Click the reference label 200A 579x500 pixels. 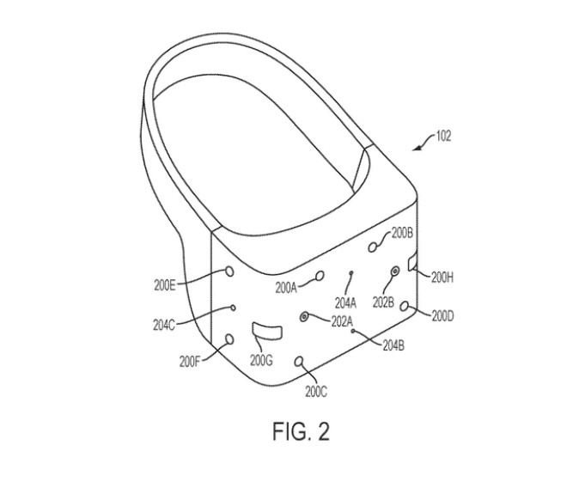pos(286,288)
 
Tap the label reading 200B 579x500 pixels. pos(402,233)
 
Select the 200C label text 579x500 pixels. pos(316,392)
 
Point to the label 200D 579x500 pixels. pos(442,316)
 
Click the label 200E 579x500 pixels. pos(164,285)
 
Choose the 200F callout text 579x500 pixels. pos(190,362)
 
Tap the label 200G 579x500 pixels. pos(261,360)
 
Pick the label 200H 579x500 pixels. pos(442,277)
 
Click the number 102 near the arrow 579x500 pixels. pos(443,137)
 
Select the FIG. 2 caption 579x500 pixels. pos(301,431)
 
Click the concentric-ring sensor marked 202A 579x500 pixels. pos(305,316)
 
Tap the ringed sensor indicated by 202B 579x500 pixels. pos(395,271)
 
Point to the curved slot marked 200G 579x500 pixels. pos(266,330)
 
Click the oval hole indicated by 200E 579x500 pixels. pos(229,271)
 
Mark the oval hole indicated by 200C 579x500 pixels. pos(299,362)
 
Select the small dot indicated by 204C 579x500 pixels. pos(233,308)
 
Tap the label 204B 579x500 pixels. pos(393,345)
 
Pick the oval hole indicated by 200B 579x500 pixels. pos(373,247)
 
